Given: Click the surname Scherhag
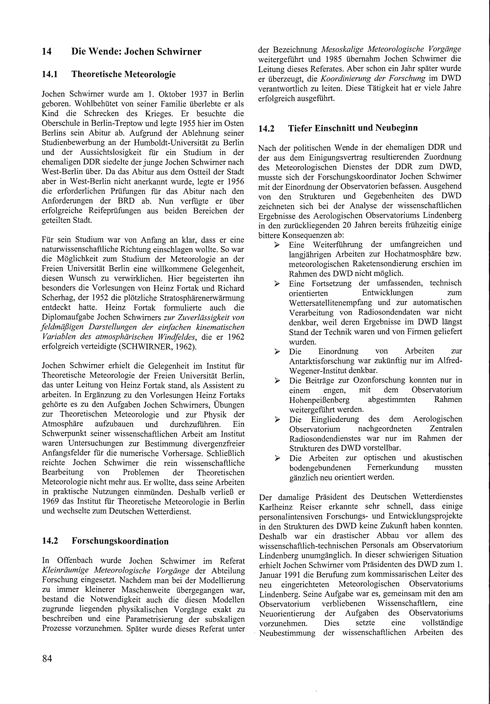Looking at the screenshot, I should click(55, 298).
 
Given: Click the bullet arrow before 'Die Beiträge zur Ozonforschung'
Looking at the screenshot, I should click(277, 381).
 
